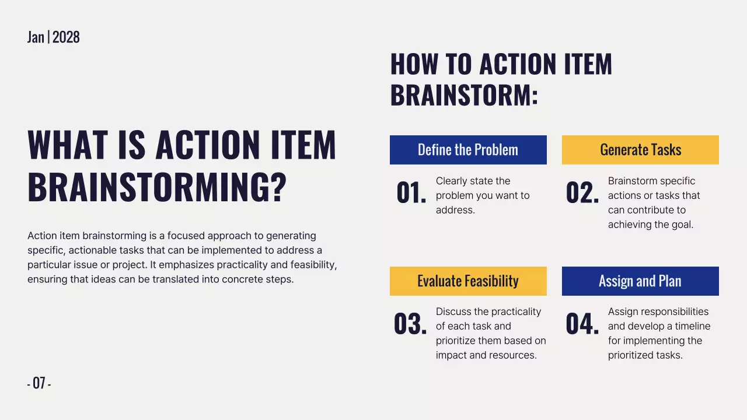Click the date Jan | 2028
pos(53,37)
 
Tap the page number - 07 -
pos(39,383)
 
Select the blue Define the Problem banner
pos(468,150)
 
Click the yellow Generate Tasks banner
pos(640,150)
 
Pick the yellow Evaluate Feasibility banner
pos(468,281)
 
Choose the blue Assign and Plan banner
pos(640,281)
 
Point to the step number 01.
pos(411,194)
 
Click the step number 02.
pos(582,194)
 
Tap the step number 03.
pos(410,325)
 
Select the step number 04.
pos(582,325)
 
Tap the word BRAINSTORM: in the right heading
pos(464,95)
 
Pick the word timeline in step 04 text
pos(693,326)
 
